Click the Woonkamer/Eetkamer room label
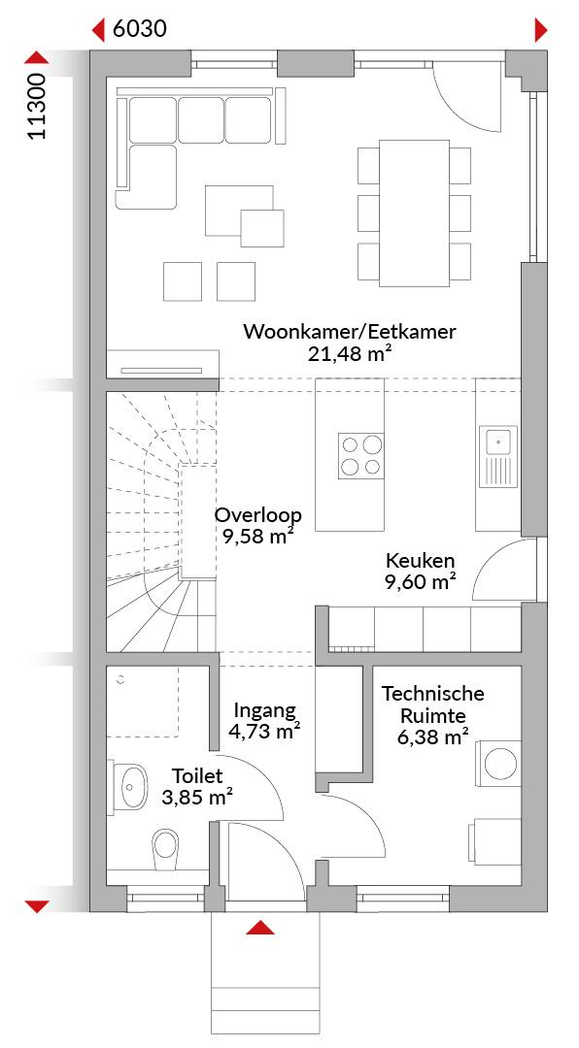[x=350, y=332]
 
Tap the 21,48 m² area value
[x=350, y=353]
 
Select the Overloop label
[x=258, y=515]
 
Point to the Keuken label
[x=420, y=560]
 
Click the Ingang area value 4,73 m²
[x=264, y=732]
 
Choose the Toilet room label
[x=197, y=776]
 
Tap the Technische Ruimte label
[x=433, y=704]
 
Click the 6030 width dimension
[x=139, y=29]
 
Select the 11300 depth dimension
[x=38, y=107]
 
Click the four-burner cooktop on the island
[x=361, y=455]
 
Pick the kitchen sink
[x=498, y=456]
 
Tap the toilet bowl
[x=165, y=849]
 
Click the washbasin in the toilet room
[x=131, y=787]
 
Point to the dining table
[x=415, y=213]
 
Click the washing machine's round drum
[x=500, y=764]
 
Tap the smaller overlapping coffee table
[x=261, y=228]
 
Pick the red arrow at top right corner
[x=541, y=30]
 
